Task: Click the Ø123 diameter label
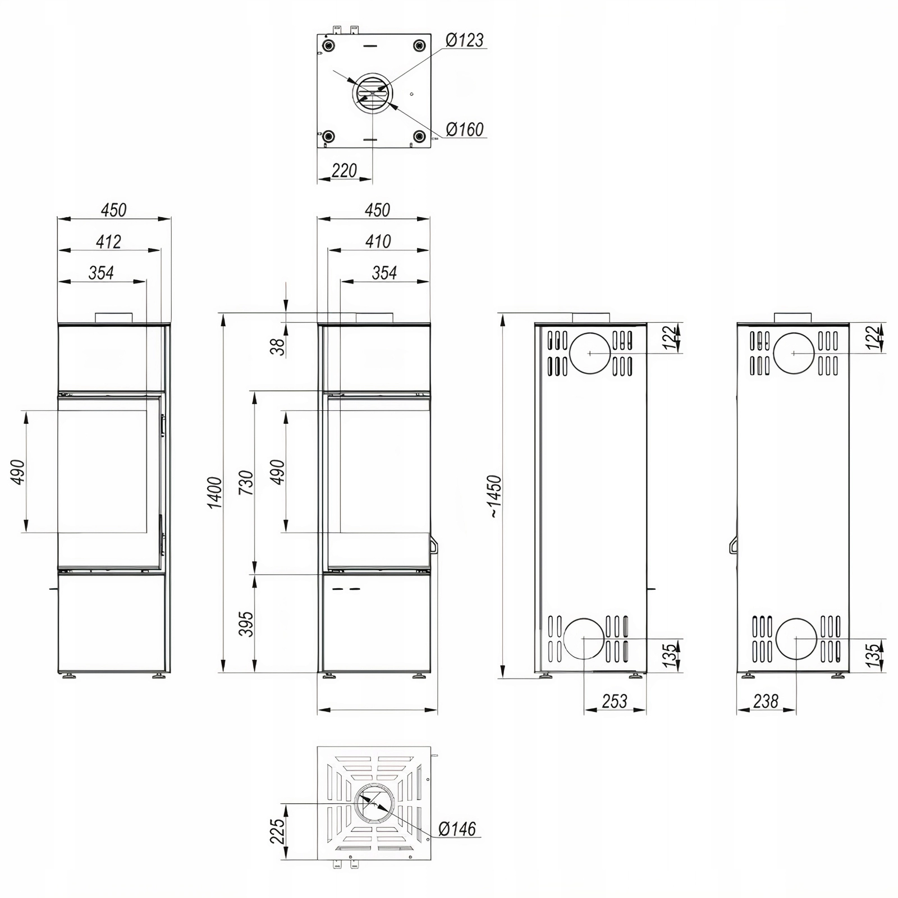pyautogui.click(x=464, y=40)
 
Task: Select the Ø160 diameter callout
pyautogui.click(x=464, y=130)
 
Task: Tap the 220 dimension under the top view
pyautogui.click(x=344, y=170)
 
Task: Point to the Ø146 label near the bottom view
pyautogui.click(x=457, y=829)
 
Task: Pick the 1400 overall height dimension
pyautogui.click(x=215, y=493)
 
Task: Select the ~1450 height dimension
pyautogui.click(x=494, y=496)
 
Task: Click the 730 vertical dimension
pyautogui.click(x=246, y=483)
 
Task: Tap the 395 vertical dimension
pyautogui.click(x=246, y=624)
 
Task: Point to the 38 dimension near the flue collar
pyautogui.click(x=278, y=347)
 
